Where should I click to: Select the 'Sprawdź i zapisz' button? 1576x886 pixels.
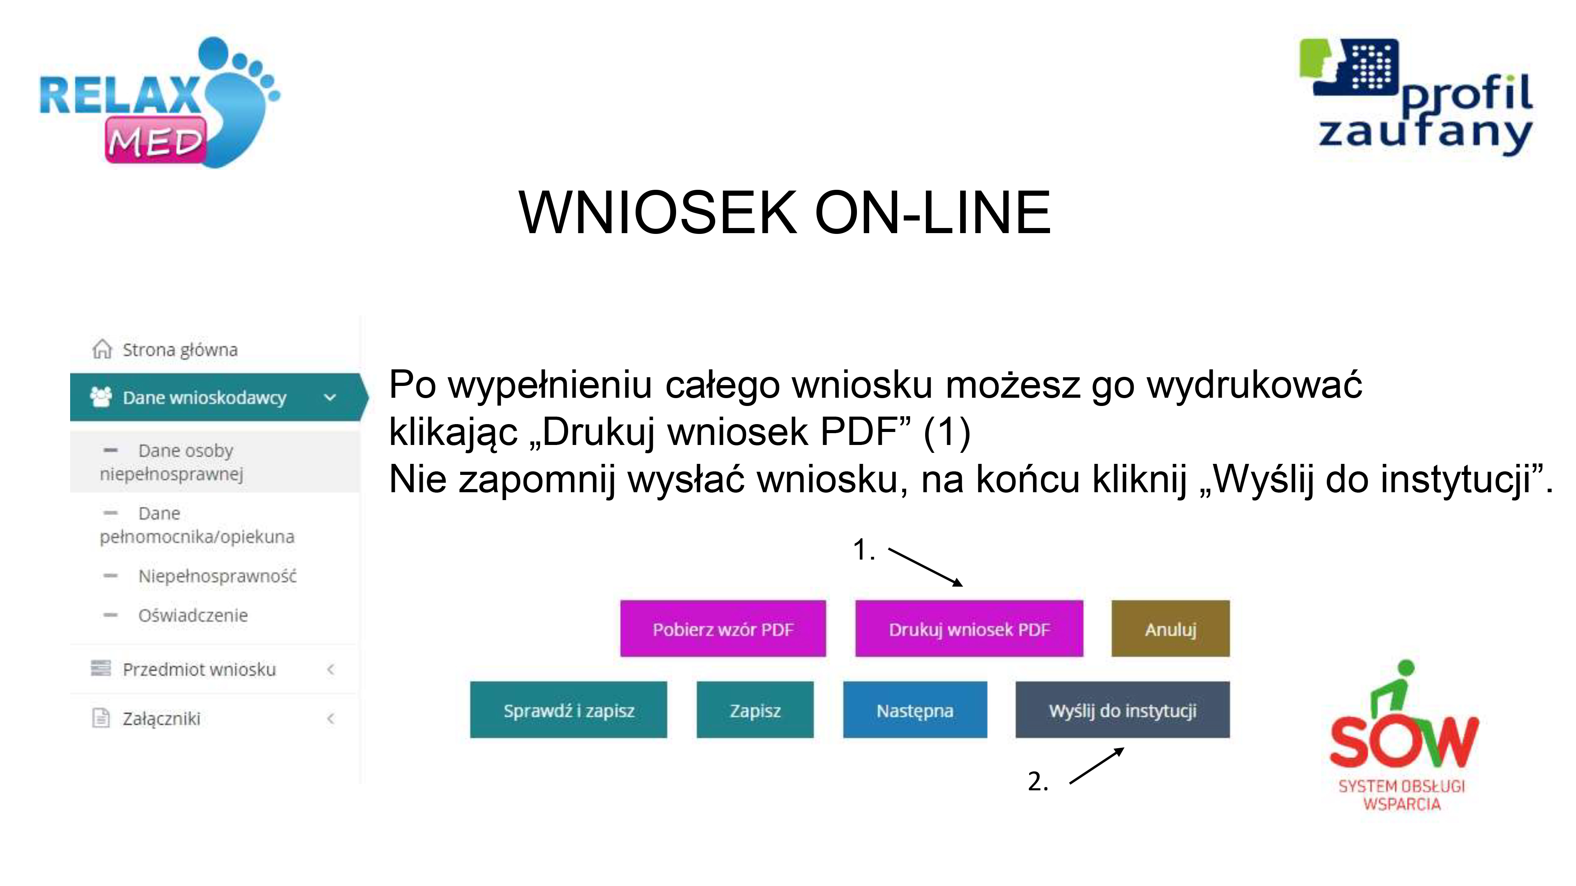pos(569,710)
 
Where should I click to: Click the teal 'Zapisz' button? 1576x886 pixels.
pos(755,710)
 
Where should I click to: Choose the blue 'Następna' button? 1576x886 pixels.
pos(914,710)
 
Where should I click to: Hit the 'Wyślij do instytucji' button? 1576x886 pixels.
pos(1122,710)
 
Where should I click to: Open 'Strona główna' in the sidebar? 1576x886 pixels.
pos(180,350)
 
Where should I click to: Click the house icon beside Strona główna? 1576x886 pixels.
pos(102,349)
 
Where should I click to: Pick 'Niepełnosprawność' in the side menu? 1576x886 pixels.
pos(217,576)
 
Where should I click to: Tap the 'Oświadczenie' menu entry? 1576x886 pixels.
pos(193,615)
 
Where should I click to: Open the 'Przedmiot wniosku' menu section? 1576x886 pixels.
pos(199,669)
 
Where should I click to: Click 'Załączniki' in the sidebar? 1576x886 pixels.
pos(162,719)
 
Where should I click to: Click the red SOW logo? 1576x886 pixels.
pos(1403,736)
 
